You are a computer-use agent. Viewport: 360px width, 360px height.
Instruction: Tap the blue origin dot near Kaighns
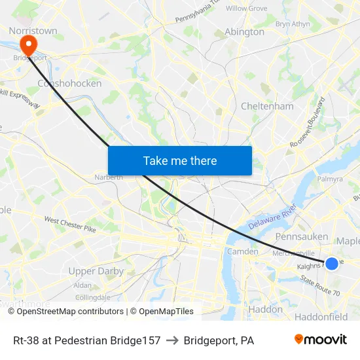pyautogui.click(x=332, y=263)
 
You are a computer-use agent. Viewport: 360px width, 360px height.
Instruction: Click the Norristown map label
pyautogui.click(x=33, y=30)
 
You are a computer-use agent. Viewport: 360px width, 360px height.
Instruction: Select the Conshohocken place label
pyautogui.click(x=69, y=83)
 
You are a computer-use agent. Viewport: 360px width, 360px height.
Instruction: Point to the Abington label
pyautogui.click(x=244, y=31)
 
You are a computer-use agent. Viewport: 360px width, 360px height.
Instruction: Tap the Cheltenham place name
pyautogui.click(x=267, y=106)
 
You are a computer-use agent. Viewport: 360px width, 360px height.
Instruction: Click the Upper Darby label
pyautogui.click(x=96, y=271)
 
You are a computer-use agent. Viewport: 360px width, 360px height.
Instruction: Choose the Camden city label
pyautogui.click(x=243, y=251)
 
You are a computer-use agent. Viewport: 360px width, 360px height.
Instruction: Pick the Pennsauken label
pyautogui.click(x=302, y=236)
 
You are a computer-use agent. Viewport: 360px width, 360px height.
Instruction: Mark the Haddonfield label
pyautogui.click(x=321, y=317)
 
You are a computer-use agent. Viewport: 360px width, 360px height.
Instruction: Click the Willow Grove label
pyautogui.click(x=246, y=9)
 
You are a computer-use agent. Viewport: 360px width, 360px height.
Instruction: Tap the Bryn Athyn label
pyautogui.click(x=293, y=24)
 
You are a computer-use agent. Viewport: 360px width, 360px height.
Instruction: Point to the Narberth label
pyautogui.click(x=109, y=177)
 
